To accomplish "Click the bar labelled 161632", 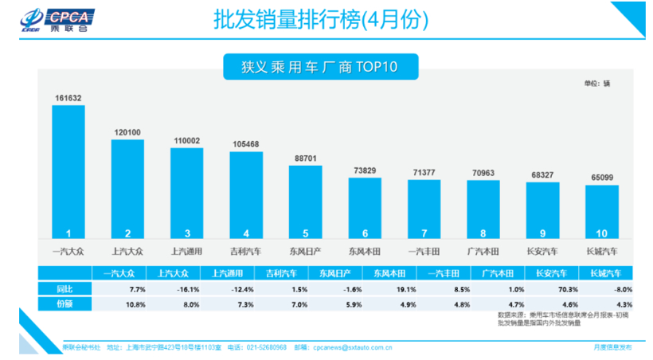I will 68,171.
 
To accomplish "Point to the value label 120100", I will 127,133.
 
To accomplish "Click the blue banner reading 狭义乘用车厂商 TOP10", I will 308,65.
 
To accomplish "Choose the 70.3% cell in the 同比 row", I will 545,288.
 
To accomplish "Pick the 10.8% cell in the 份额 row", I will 115,303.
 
